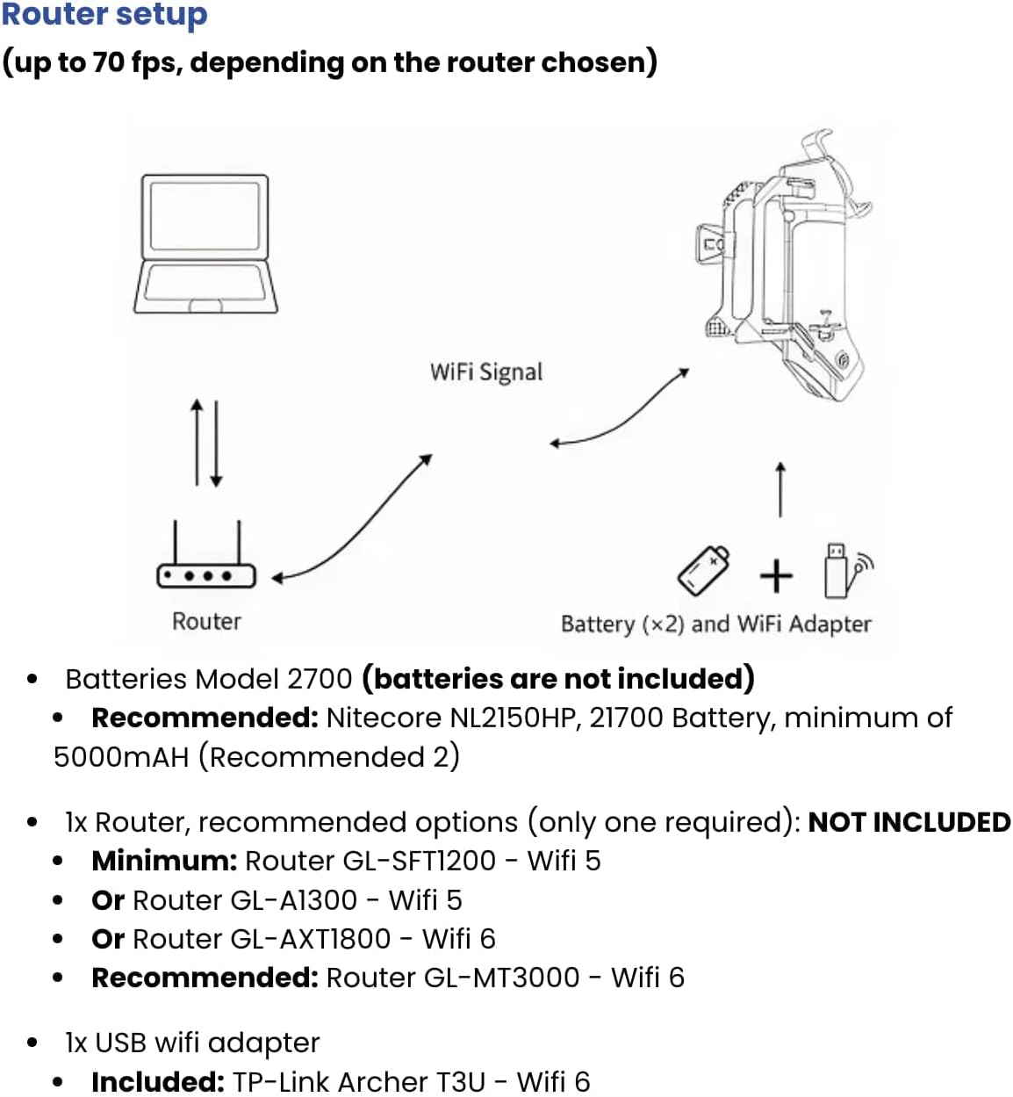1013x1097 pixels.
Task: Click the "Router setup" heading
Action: (x=104, y=15)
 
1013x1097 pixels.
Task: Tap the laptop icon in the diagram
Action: (x=205, y=244)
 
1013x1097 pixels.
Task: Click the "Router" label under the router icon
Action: (x=206, y=621)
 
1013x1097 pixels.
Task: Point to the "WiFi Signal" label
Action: (x=486, y=372)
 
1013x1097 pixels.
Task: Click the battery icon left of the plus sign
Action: (x=703, y=570)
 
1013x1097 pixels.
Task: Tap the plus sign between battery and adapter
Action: (x=775, y=576)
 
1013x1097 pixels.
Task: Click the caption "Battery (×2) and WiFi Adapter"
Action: (x=715, y=624)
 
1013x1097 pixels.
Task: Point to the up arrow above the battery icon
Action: (x=780, y=489)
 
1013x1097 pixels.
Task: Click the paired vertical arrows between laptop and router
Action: (x=206, y=443)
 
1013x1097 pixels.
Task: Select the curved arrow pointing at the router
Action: (x=351, y=518)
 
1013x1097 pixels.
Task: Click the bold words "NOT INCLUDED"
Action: (x=909, y=822)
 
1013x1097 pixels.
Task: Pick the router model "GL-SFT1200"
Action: (x=419, y=861)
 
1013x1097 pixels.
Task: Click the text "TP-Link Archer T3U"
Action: (x=358, y=1081)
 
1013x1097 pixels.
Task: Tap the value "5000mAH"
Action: (x=121, y=757)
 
